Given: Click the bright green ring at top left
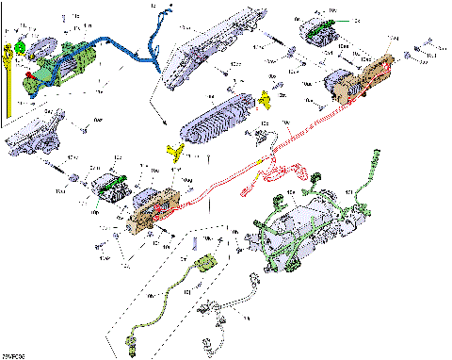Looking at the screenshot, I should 20,46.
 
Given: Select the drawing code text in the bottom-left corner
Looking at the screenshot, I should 13,355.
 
